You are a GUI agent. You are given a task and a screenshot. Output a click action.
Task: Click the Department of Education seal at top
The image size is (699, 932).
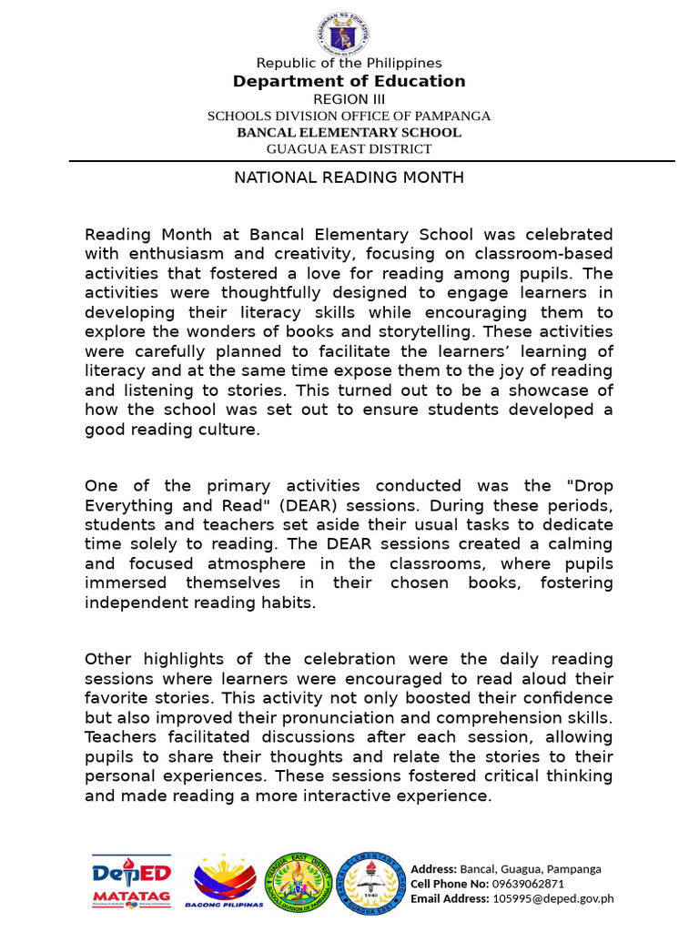[x=343, y=35]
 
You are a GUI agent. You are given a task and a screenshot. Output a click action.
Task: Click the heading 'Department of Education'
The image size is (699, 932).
[x=349, y=81]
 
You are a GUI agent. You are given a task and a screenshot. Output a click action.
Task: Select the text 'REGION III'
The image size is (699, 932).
[x=349, y=99]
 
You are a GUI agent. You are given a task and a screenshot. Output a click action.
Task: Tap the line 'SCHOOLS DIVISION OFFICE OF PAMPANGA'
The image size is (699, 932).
[x=349, y=116]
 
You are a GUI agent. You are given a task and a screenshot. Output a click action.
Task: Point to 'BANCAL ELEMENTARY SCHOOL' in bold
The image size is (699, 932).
[x=349, y=132]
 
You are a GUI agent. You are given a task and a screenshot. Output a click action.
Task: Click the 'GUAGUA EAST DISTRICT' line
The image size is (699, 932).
[x=349, y=148]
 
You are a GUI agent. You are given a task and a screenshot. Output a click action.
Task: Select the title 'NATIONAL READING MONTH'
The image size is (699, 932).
[x=349, y=177]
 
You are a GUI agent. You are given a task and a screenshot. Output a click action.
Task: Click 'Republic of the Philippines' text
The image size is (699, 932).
[x=349, y=63]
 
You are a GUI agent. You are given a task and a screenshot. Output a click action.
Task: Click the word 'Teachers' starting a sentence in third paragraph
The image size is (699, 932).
[x=118, y=737]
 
